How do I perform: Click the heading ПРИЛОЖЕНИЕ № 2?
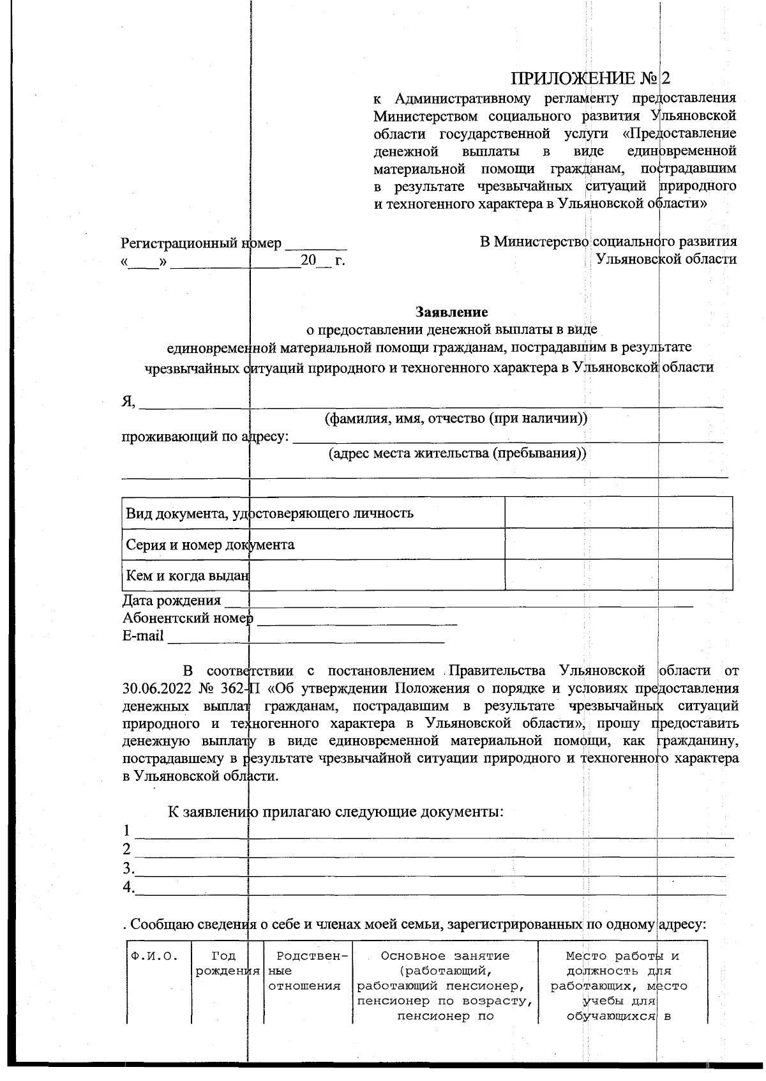(591, 78)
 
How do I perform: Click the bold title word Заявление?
(452, 312)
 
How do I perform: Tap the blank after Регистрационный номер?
(316, 244)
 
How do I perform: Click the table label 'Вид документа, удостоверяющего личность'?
(269, 513)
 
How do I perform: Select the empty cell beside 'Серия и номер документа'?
(618, 544)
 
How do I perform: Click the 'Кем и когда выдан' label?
(186, 575)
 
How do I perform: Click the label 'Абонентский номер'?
(188, 618)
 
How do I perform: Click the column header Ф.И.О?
(153, 956)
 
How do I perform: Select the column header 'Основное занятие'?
(445, 956)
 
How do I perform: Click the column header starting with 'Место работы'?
(622, 956)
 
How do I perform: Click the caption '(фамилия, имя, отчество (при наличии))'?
(456, 419)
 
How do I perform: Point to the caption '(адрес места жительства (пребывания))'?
(457, 454)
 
